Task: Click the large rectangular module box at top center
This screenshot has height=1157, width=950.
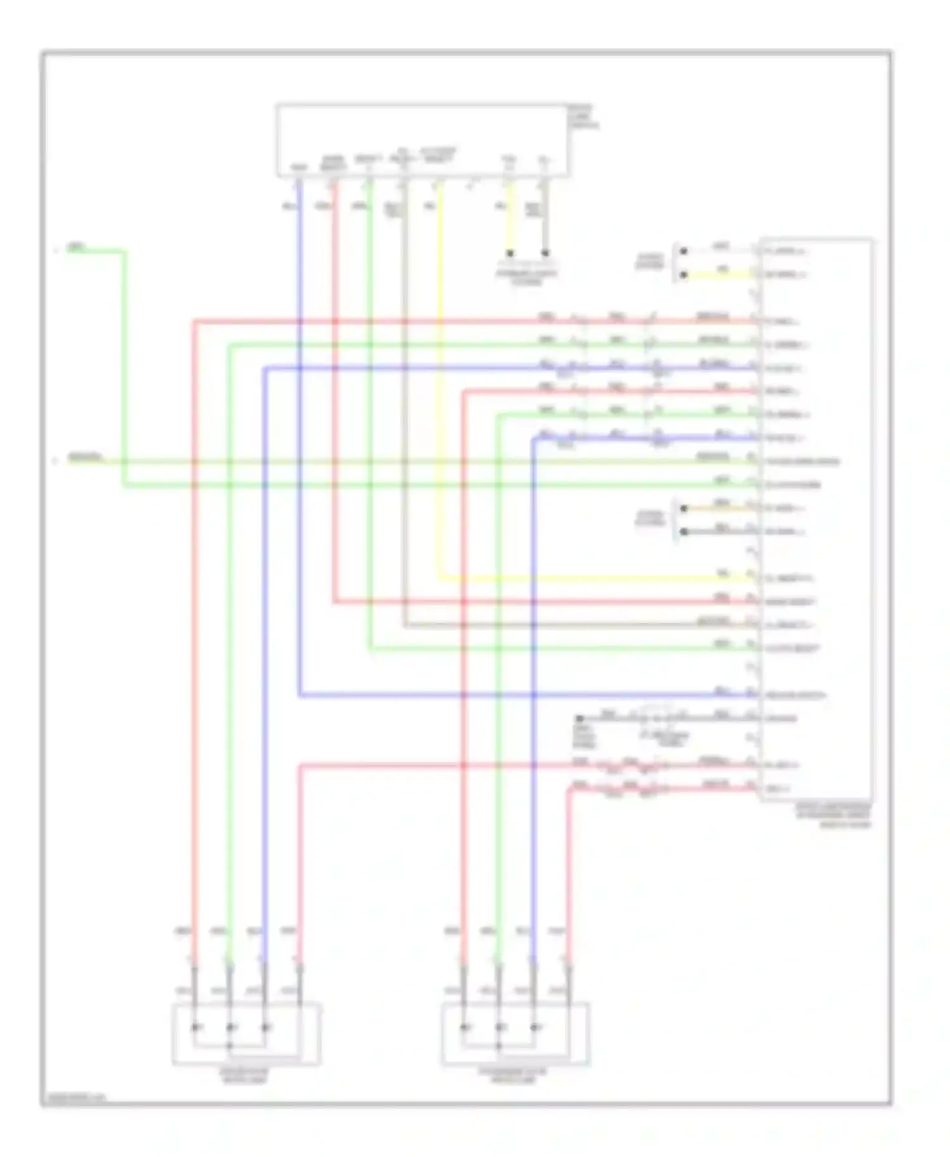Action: click(422, 141)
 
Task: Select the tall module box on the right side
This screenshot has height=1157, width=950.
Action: click(817, 519)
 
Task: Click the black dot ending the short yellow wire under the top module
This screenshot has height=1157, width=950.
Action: click(510, 253)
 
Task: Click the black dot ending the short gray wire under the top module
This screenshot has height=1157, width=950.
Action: click(545, 253)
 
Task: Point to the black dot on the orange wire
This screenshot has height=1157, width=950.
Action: click(683, 508)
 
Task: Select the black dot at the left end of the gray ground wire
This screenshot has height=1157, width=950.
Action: click(579, 718)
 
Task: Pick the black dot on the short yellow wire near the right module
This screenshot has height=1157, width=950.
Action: click(683, 275)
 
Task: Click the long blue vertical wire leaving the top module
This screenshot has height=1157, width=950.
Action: click(299, 443)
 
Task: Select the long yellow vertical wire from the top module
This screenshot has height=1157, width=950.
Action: click(440, 380)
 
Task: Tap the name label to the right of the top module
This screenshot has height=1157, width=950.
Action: click(583, 117)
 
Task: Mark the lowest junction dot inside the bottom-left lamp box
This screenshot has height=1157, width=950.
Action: click(231, 1046)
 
